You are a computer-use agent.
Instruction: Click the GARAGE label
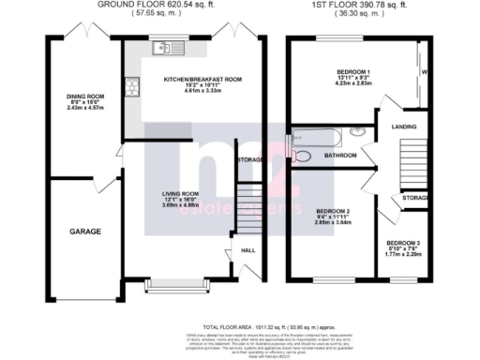(84, 231)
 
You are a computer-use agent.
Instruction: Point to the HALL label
(248, 250)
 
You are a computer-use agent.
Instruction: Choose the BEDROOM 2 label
(334, 211)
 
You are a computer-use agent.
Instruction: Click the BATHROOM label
(339, 156)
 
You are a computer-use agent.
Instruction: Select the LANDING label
(405, 125)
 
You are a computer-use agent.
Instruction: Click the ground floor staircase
(246, 202)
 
